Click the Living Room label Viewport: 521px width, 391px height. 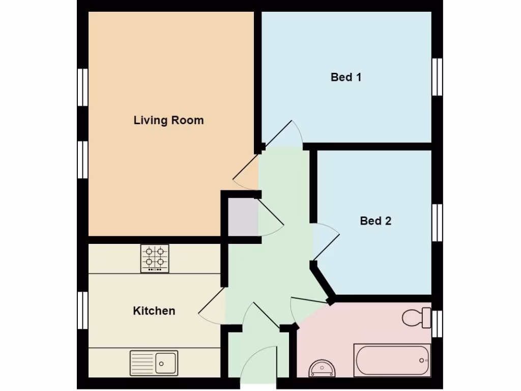pos(168,121)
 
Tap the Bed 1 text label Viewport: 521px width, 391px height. pos(346,77)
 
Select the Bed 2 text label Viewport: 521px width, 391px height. pos(375,221)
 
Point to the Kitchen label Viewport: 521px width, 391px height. pos(154,311)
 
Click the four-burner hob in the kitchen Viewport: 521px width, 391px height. pos(155,258)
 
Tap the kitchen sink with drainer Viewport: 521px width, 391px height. pos(154,363)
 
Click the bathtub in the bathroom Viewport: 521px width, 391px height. pos(392,360)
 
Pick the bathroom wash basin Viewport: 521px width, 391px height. pos(322,368)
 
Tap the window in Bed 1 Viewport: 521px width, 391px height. pos(437,77)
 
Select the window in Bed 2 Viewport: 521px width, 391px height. pos(437,222)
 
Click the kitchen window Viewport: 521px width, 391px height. pos(82,310)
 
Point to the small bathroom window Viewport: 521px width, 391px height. pos(437,324)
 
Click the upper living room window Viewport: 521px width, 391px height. pos(82,87)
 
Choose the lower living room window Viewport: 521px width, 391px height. pos(82,159)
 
